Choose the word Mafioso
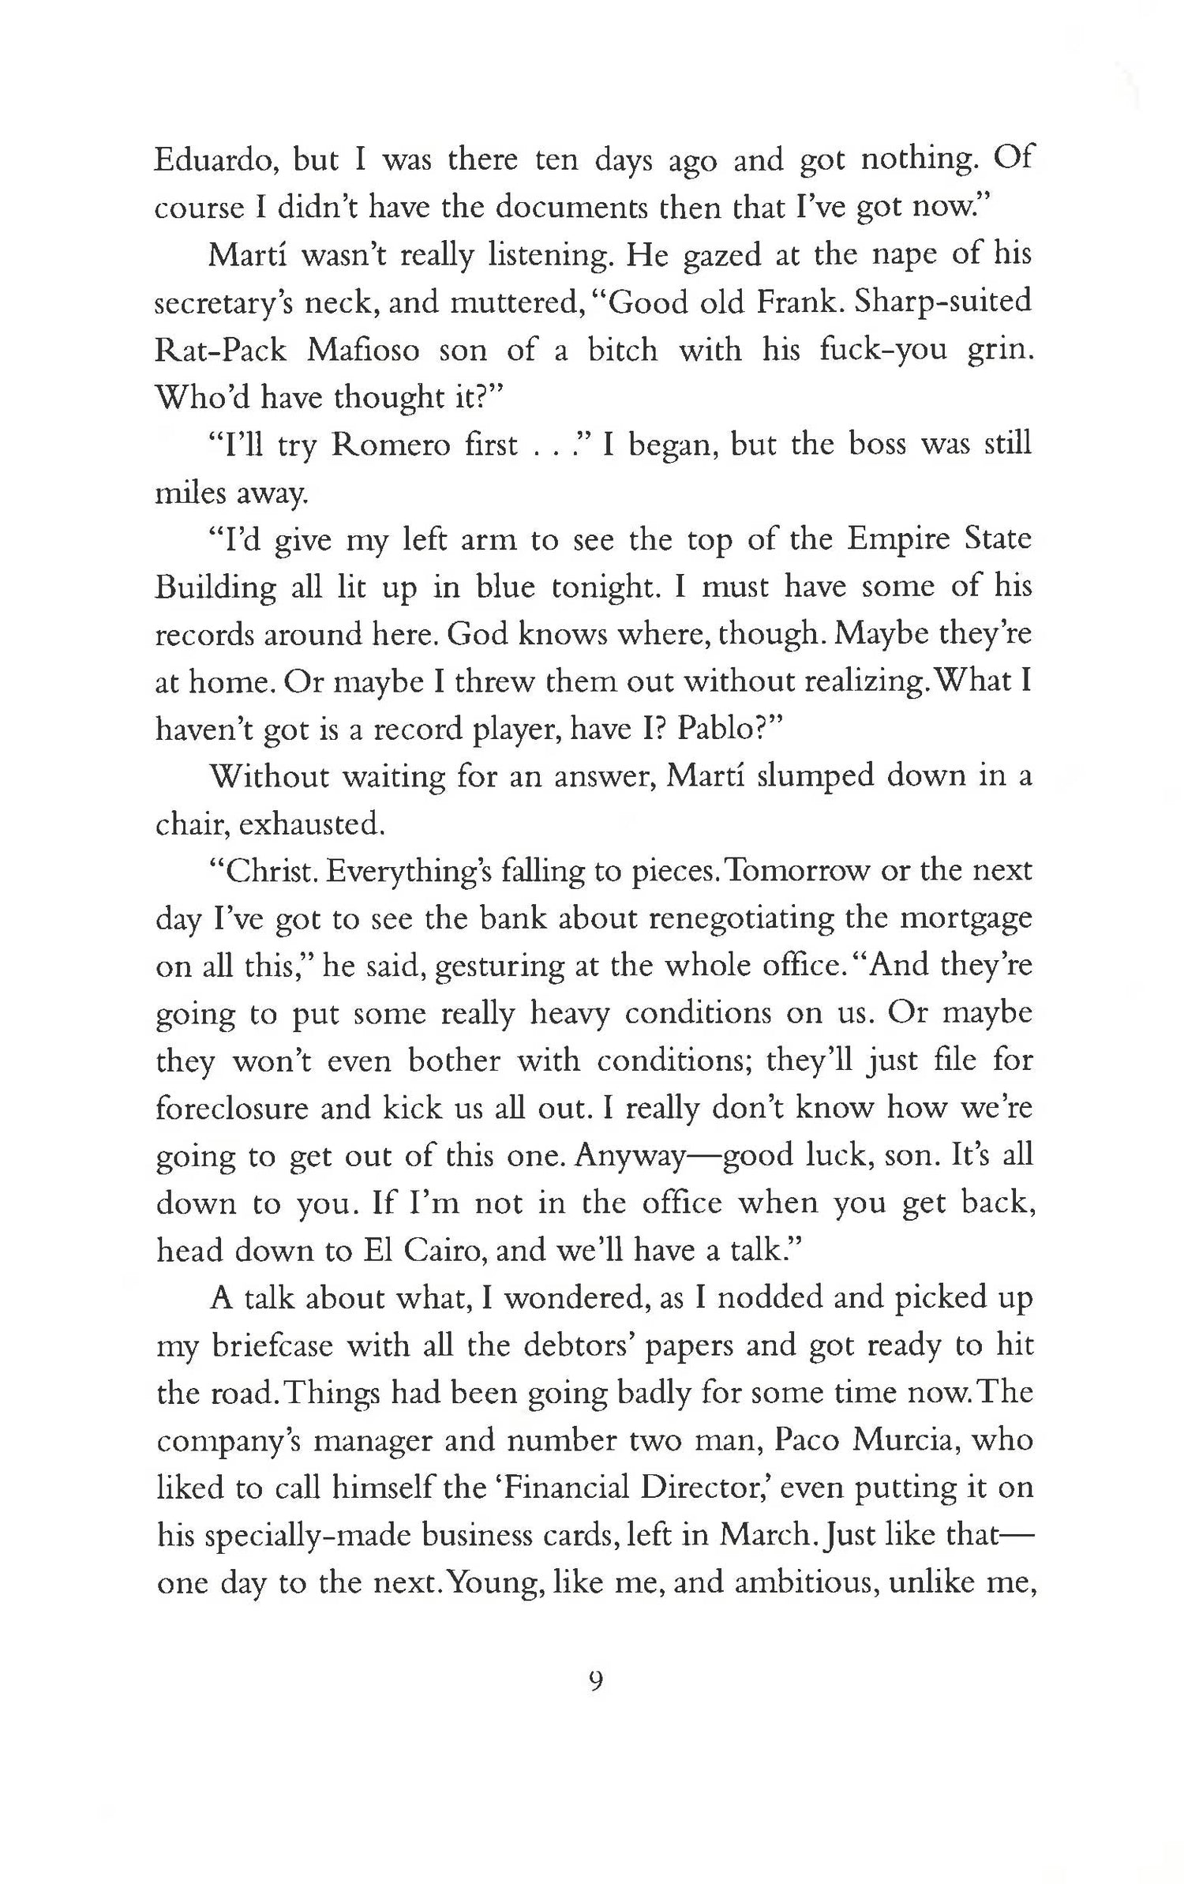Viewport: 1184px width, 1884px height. click(363, 350)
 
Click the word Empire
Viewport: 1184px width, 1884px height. click(896, 539)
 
